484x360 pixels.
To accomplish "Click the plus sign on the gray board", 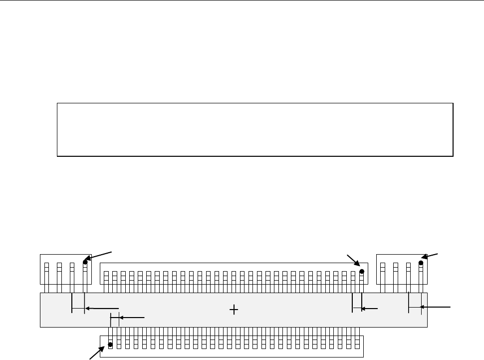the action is pos(234,310).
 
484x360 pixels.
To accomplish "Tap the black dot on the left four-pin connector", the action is pos(85,262).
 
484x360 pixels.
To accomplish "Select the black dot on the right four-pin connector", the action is pos(421,262).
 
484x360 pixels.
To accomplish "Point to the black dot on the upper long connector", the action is pos(362,271).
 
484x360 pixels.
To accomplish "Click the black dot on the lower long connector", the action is pos(110,345).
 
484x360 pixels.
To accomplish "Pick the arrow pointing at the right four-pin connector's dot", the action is pos(432,257).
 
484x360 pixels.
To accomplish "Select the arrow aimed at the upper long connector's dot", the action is pos(354,261).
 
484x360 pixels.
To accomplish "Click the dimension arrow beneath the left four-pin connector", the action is pos(102,309).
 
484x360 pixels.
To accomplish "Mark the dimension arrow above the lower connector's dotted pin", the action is pos(131,317).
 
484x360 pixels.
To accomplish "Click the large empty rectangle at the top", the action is pos(255,130).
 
